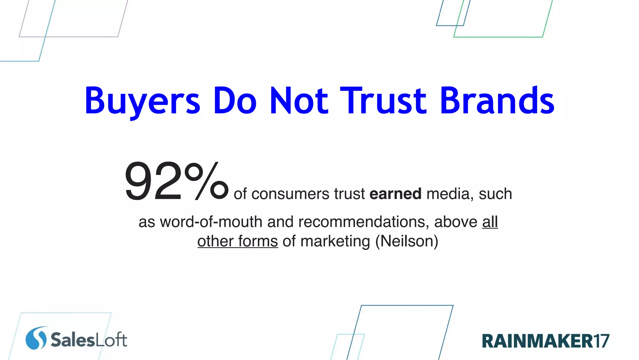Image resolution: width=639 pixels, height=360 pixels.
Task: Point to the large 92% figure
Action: (x=176, y=181)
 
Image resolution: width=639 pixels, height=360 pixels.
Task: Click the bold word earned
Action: (x=395, y=194)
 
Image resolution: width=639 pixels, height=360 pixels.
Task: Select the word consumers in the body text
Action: (x=290, y=194)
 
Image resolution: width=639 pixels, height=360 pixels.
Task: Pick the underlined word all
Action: (x=490, y=222)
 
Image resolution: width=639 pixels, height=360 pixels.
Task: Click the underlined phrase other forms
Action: (x=237, y=241)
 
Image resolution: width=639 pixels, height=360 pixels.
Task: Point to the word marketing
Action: (x=335, y=241)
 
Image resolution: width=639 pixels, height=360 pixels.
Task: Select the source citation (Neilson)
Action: (x=407, y=241)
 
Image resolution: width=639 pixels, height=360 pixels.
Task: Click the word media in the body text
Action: (x=448, y=194)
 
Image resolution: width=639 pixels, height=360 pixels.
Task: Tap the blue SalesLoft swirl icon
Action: (x=36, y=338)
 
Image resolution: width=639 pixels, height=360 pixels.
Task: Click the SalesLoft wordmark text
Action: (x=89, y=340)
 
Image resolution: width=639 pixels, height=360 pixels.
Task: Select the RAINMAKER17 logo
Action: (x=545, y=341)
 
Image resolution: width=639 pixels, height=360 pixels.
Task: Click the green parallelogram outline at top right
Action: (x=498, y=37)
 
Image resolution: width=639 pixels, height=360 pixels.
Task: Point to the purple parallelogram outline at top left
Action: (x=69, y=37)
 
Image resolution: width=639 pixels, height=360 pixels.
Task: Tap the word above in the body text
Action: (x=456, y=222)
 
